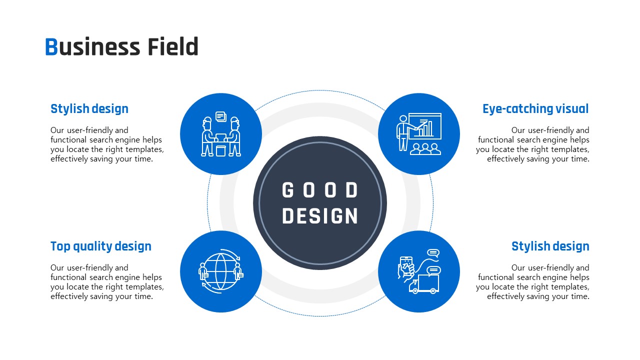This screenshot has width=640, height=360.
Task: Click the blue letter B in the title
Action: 51,46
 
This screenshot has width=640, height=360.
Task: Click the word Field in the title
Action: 173,46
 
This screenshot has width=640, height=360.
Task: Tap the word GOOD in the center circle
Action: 319,190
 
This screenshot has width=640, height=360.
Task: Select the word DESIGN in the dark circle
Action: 319,216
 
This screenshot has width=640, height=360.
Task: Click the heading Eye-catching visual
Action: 535,109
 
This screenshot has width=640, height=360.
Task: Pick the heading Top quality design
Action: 101,246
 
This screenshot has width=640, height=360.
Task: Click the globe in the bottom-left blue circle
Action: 220,271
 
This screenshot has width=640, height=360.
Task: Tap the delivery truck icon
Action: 424,284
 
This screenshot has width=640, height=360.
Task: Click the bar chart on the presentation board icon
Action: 425,128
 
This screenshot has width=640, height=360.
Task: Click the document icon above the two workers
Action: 221,116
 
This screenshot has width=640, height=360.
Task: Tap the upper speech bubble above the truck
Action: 433,253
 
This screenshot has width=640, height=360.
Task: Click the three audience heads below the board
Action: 425,149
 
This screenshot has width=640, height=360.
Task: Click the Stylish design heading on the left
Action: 89,109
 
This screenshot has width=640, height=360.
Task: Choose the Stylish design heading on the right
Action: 550,246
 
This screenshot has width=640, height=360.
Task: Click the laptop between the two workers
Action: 220,137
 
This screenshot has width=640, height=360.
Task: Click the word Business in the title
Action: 92,46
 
